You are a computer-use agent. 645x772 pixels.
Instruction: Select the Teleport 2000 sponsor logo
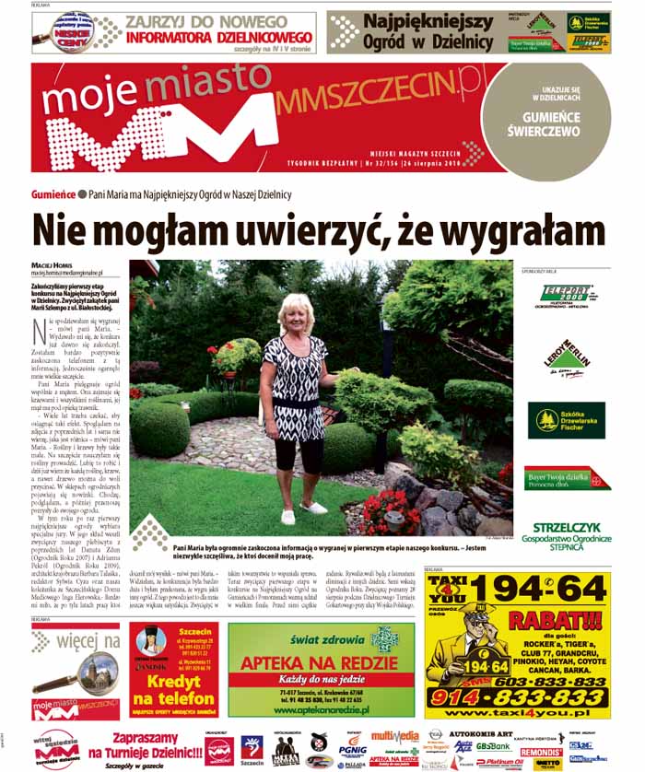[563, 297]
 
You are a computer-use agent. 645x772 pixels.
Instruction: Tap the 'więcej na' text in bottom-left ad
[88, 638]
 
